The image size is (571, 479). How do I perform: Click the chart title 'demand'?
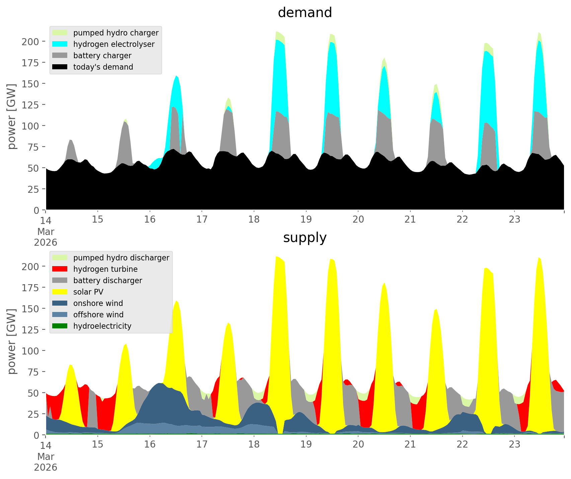point(305,13)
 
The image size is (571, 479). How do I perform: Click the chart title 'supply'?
point(305,238)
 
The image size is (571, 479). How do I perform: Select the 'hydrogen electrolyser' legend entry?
point(114,44)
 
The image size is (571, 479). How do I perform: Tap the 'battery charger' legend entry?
point(102,56)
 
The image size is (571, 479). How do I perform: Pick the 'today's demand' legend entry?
point(103,67)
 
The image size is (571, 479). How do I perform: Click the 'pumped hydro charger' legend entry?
point(116,33)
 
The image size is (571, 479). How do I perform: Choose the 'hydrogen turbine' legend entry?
point(105,269)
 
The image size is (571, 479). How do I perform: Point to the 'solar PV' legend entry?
point(88,292)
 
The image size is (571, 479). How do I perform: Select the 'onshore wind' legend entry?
point(98,303)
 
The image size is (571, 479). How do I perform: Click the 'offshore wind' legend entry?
point(98,315)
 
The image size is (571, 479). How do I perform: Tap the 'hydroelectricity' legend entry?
point(102,326)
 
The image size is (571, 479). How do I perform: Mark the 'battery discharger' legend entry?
point(107,281)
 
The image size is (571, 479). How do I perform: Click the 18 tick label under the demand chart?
point(254,220)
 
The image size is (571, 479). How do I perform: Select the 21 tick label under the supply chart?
point(410,445)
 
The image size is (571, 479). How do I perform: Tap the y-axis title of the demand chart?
point(12,116)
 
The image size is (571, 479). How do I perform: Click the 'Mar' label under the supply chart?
point(46,457)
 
